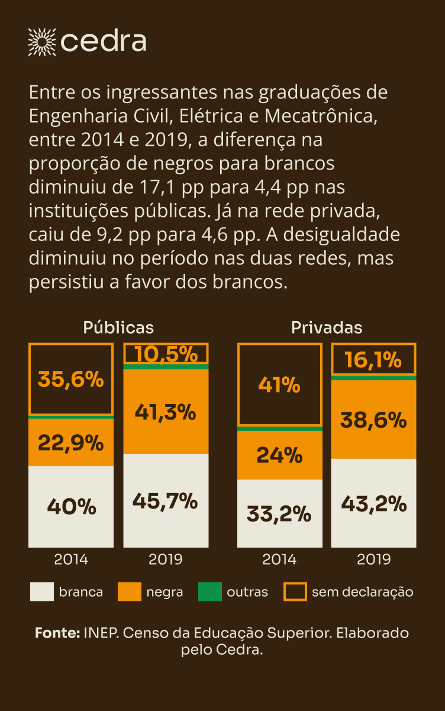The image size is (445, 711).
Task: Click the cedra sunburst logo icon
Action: coord(42,41)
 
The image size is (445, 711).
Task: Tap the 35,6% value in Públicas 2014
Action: coord(71,379)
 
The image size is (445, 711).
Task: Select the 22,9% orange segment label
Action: coord(71,443)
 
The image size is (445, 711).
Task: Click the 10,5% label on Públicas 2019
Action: coord(166,354)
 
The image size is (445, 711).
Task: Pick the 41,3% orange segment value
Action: coord(166,411)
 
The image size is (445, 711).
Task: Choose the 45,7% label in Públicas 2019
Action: coord(166,501)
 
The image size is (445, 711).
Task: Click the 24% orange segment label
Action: coord(279,455)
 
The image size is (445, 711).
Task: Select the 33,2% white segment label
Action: coord(279,514)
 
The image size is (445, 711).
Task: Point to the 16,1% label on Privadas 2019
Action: coord(373,360)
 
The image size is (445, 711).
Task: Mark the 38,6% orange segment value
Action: coord(373,419)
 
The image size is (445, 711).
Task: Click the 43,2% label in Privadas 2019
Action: coord(373,504)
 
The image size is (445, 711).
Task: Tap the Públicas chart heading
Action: coord(118,328)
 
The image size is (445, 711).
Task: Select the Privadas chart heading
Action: coord(327,328)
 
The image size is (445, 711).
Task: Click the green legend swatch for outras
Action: coord(210,591)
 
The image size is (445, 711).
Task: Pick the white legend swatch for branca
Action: coord(41,591)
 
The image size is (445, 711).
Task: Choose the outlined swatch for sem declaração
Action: coord(295,591)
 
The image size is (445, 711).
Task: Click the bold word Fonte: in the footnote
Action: coord(57,633)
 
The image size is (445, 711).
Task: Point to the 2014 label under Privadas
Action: coord(279,559)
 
